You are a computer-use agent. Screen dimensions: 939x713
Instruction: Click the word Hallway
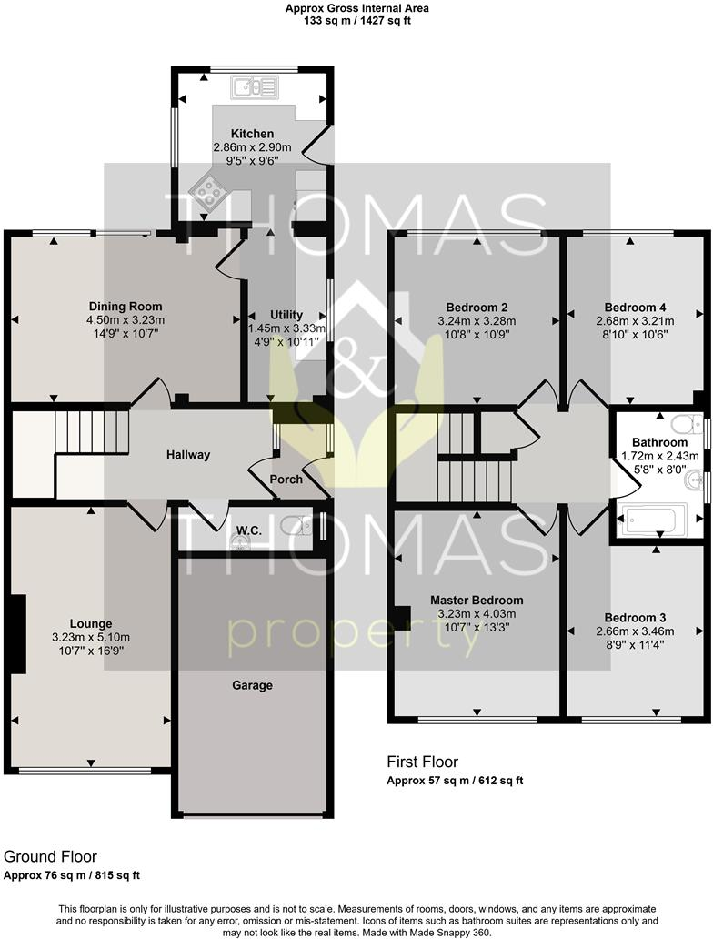tap(188, 455)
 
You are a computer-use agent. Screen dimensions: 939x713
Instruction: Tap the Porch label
tap(286, 480)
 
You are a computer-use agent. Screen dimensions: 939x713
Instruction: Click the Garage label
tap(252, 685)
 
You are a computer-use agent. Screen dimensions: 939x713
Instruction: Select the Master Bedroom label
tap(477, 601)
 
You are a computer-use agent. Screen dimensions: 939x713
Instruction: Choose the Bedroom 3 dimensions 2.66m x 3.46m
tap(635, 631)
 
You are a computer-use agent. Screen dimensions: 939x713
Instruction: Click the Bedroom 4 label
tap(635, 307)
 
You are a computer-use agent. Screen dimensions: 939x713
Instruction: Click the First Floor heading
tap(423, 762)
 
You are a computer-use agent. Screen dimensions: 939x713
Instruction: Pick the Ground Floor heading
tap(50, 856)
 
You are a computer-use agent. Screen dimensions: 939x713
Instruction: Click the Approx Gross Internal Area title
tap(356, 8)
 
